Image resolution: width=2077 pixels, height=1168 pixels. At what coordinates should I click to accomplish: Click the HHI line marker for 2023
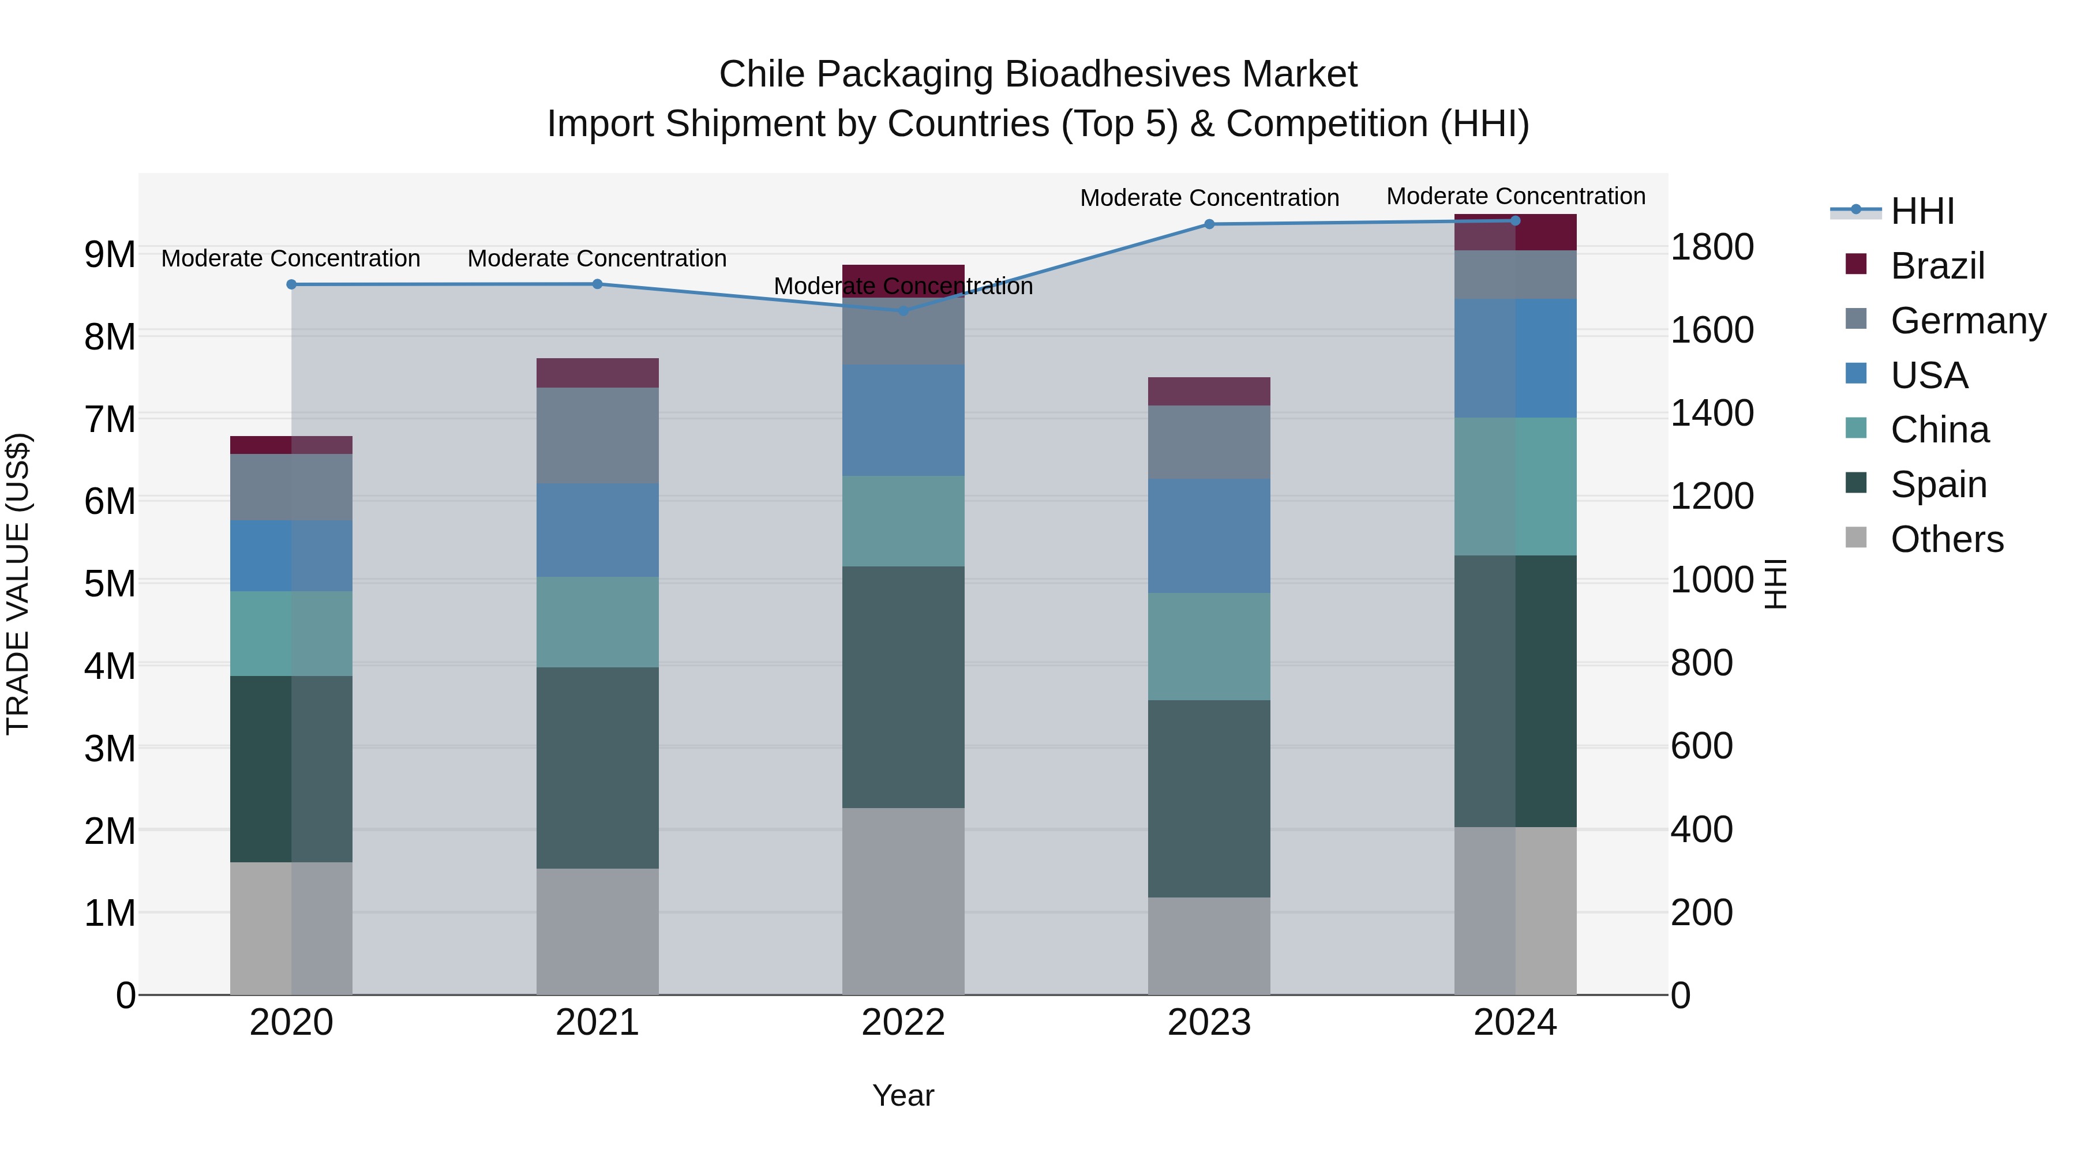point(1209,224)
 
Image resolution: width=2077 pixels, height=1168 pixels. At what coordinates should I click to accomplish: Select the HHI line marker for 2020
point(291,284)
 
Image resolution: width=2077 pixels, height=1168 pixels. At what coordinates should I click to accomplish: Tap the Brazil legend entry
point(1937,266)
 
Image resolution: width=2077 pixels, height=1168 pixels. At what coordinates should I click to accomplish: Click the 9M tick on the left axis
point(110,255)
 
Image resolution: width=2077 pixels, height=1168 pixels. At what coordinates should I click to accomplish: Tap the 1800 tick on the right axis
point(1711,247)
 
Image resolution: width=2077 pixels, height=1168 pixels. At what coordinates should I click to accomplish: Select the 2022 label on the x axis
point(903,1023)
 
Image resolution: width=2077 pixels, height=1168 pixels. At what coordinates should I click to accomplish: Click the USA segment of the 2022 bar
point(903,420)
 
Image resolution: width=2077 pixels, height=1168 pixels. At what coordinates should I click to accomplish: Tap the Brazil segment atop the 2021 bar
point(598,373)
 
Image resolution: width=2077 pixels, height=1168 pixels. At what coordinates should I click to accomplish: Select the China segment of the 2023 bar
point(1209,647)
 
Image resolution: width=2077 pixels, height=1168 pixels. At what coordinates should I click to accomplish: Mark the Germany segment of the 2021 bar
point(598,435)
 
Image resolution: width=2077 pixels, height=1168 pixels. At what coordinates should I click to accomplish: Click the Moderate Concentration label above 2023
point(1209,197)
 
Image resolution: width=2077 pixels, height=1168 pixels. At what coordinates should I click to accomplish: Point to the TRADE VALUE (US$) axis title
point(18,584)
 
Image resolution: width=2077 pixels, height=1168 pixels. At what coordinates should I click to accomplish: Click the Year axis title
point(903,1095)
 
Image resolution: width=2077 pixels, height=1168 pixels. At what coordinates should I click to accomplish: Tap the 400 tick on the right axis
point(1701,829)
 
